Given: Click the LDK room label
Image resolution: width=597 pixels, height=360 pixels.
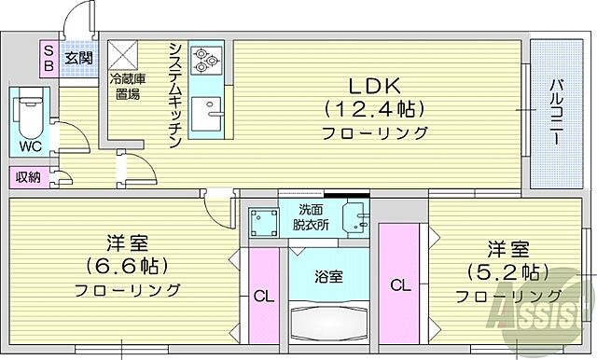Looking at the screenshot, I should coord(375,81).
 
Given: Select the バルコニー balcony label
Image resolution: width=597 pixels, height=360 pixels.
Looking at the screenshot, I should coord(554,112).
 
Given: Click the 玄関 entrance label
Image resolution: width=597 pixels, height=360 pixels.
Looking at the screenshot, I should coord(77,58).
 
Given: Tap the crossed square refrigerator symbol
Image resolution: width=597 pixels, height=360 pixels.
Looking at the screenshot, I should coord(123,54).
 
